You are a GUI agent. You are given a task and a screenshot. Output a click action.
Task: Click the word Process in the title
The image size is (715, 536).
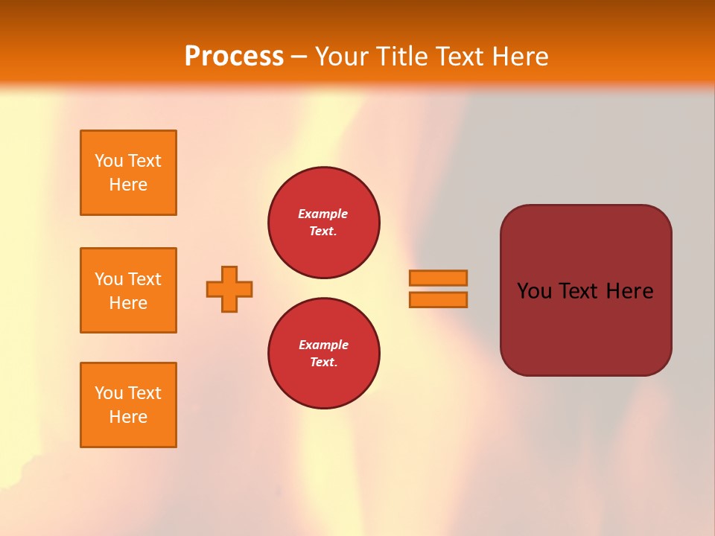click(234, 57)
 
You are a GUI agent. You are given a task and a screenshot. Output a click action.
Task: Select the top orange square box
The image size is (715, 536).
click(128, 173)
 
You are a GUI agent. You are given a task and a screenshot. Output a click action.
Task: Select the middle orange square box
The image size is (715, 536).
click(128, 290)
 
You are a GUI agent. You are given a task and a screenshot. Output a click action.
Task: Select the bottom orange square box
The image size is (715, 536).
click(128, 405)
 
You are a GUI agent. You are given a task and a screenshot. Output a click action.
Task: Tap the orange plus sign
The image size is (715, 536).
click(229, 289)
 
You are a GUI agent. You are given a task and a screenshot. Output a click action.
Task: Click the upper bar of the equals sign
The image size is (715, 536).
click(438, 278)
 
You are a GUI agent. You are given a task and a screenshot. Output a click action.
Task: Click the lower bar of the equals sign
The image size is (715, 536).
click(438, 299)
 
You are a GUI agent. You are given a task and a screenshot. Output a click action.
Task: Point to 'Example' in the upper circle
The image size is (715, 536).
click(323, 214)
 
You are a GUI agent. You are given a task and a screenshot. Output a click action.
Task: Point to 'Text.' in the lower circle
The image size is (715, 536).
click(323, 363)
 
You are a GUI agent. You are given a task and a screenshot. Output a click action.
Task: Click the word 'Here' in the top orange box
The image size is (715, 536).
click(128, 185)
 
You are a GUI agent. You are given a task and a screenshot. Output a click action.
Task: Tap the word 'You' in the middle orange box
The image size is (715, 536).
click(107, 279)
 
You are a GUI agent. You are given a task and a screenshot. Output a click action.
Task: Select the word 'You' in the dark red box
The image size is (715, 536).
click(534, 291)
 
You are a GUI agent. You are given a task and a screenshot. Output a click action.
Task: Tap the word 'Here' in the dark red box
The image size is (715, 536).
click(629, 291)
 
